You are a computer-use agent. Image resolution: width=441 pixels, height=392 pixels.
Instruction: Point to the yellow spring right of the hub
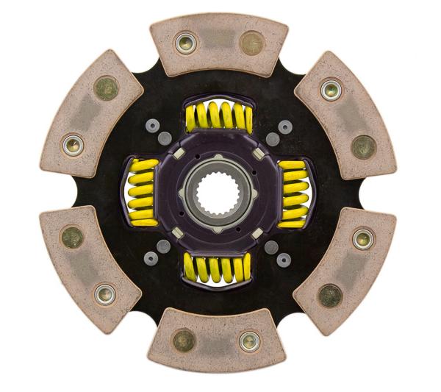[x=293, y=191]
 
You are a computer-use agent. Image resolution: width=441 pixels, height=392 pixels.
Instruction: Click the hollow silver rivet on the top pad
[x=184, y=43]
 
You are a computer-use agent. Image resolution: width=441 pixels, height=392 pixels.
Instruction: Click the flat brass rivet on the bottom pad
[x=184, y=340]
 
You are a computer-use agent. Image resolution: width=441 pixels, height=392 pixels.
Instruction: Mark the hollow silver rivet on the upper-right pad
[x=329, y=90]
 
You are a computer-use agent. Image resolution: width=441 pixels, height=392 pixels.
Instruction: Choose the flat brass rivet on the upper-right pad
[x=363, y=147]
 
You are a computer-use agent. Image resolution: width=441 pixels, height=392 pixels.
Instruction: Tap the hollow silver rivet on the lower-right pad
[x=362, y=238]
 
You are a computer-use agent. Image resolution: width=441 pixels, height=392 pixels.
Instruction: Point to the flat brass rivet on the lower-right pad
[x=329, y=296]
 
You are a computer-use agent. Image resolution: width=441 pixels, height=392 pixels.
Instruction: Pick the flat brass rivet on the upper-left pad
[x=107, y=87]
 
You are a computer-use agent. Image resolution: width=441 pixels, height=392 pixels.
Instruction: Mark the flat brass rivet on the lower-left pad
[x=73, y=237]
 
